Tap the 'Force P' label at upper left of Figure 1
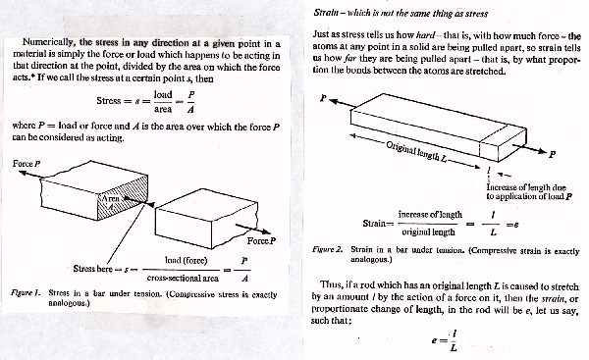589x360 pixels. (x=27, y=164)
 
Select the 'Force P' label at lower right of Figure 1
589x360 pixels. (x=261, y=241)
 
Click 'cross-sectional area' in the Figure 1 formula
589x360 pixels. (x=183, y=279)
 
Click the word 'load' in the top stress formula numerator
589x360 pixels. (x=163, y=95)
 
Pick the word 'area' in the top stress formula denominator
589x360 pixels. (x=163, y=109)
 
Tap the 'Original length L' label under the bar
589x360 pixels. (x=416, y=152)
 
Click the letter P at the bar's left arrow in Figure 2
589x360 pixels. (x=323, y=98)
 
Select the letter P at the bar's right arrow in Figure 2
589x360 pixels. (x=552, y=154)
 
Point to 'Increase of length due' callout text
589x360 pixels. (x=526, y=187)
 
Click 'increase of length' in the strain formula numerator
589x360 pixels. (x=430, y=215)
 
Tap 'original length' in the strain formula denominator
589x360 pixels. (x=428, y=232)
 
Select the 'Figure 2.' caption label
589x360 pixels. (x=328, y=249)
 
